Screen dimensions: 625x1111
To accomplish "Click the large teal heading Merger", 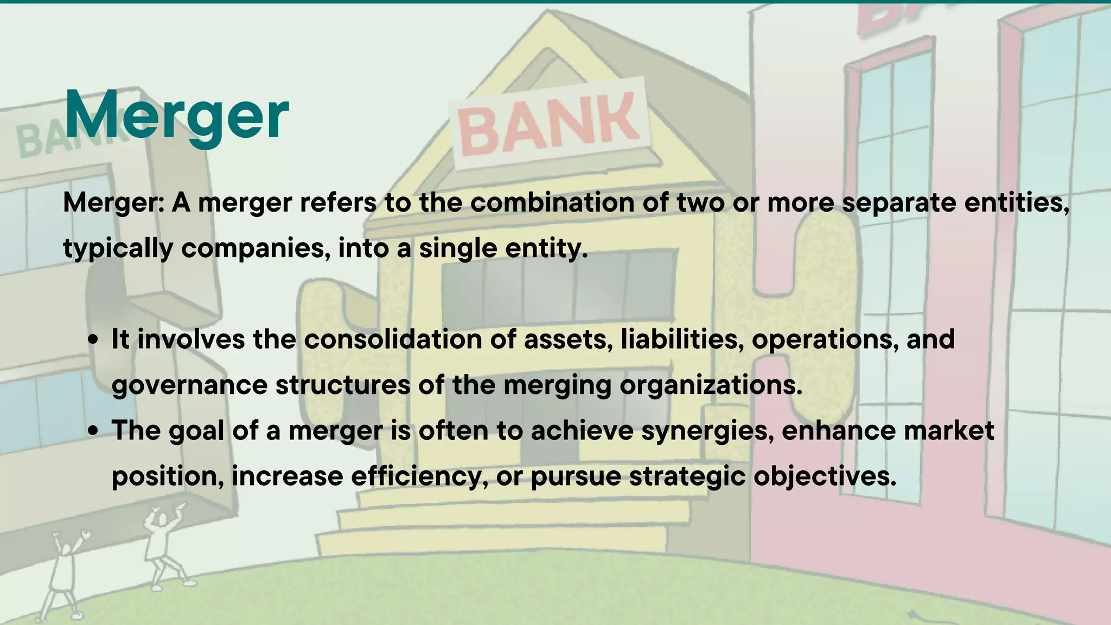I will [176, 115].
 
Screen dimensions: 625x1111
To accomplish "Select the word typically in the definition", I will [118, 249].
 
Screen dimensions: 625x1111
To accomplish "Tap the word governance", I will [189, 386].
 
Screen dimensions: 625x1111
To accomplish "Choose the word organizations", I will [711, 386].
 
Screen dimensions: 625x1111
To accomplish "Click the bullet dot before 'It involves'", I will [94, 340].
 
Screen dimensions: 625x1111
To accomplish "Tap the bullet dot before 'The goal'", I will [94, 431].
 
